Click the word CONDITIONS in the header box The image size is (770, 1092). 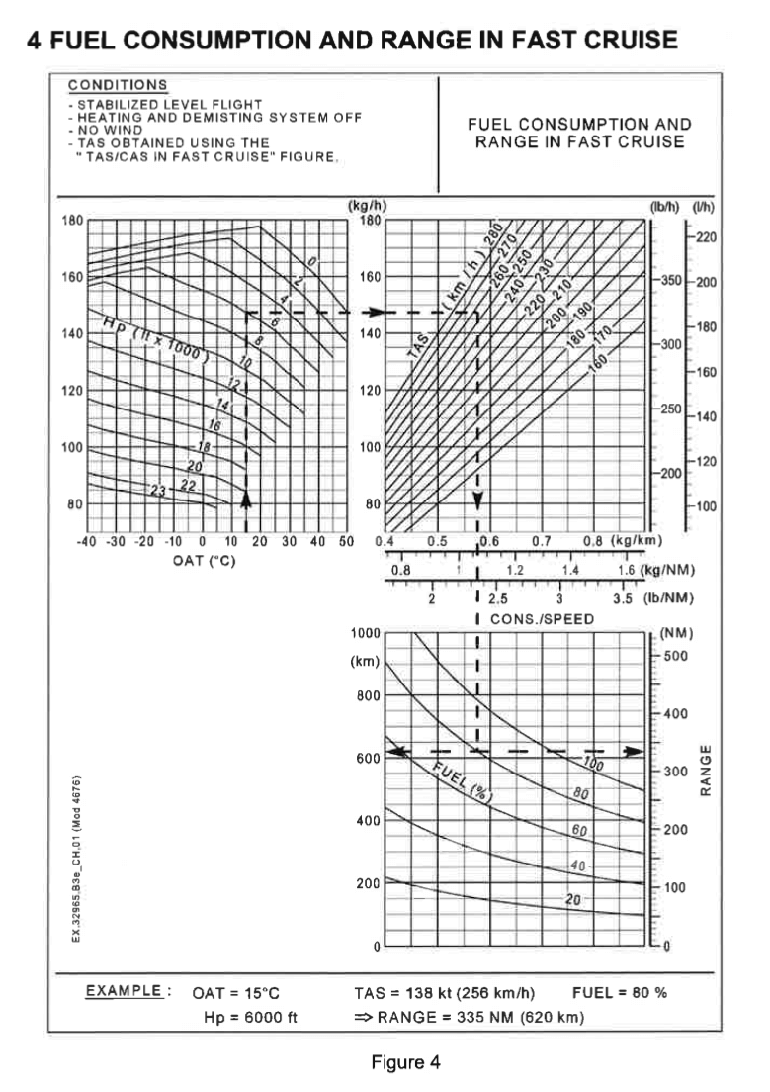click(118, 85)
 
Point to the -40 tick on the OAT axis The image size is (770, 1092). click(86, 542)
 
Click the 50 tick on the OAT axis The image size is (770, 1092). click(346, 542)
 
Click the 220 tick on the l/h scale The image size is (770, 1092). click(706, 237)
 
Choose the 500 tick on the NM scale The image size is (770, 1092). click(676, 656)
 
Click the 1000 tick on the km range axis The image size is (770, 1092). click(366, 632)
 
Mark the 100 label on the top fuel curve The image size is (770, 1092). click(593, 764)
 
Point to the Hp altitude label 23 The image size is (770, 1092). click(157, 490)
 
